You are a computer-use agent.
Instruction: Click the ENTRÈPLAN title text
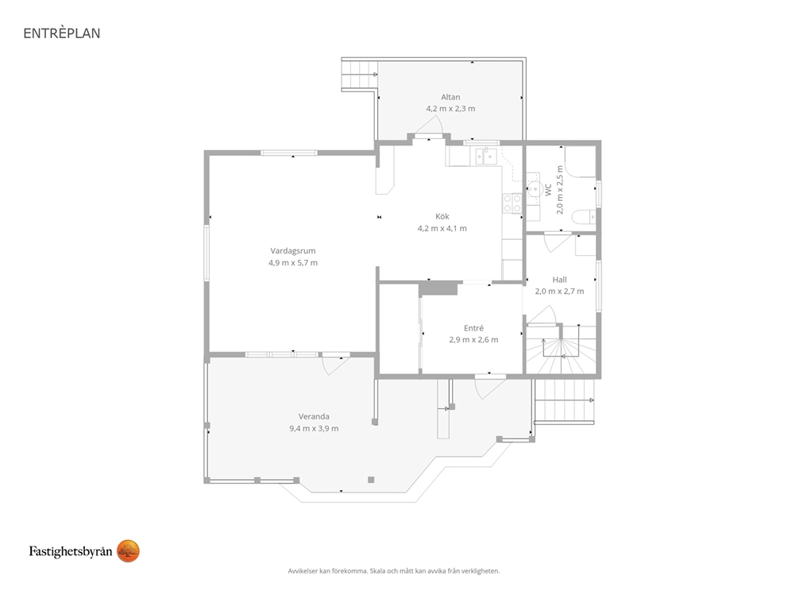[62, 33]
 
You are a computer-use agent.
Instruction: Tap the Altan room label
[450, 97]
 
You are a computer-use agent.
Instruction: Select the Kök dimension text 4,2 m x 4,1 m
[442, 228]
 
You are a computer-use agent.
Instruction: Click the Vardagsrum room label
[293, 251]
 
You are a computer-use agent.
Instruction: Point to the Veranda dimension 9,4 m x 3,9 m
[314, 429]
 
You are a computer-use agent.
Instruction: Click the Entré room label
[473, 328]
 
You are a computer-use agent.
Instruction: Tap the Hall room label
[559, 280]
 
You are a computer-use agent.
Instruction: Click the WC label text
[548, 190]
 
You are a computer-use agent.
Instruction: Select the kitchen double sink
[486, 156]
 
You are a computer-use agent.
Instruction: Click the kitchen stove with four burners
[512, 203]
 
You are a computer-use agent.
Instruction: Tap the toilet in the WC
[586, 216]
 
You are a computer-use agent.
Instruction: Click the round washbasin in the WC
[534, 189]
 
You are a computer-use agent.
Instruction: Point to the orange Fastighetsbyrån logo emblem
[128, 551]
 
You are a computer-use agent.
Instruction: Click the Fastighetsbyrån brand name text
[71, 551]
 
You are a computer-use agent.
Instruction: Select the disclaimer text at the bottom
[394, 571]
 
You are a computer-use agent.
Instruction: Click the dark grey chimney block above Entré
[438, 288]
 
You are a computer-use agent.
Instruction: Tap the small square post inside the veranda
[371, 480]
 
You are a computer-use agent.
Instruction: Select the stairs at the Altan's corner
[359, 75]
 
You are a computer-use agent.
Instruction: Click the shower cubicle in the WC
[580, 161]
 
